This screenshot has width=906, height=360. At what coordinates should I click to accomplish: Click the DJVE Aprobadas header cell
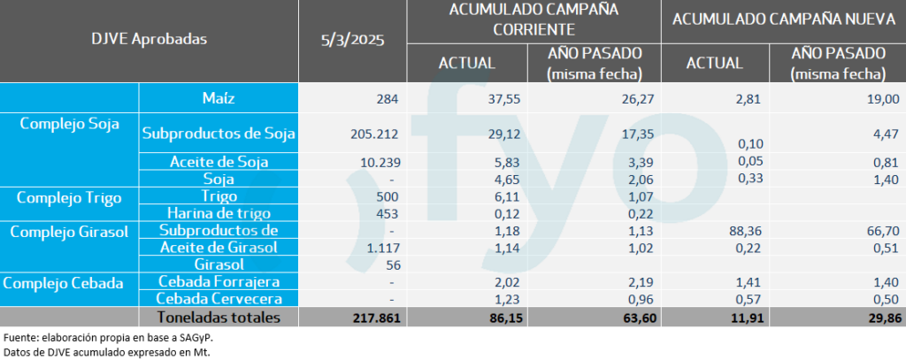click(149, 40)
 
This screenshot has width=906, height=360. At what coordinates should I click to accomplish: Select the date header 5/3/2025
click(352, 40)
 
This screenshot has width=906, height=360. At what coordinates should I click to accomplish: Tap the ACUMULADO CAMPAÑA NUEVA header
click(782, 19)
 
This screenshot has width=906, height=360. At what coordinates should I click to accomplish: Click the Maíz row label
click(219, 97)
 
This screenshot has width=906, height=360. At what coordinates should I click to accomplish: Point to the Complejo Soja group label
click(69, 124)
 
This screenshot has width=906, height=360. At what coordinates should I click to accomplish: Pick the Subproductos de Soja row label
click(219, 134)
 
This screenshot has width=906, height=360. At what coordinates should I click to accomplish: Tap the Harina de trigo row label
click(219, 212)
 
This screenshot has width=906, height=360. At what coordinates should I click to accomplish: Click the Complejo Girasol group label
click(69, 230)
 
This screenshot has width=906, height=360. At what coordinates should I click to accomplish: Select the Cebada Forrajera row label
click(219, 282)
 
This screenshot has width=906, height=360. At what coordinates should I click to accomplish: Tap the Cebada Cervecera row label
click(219, 299)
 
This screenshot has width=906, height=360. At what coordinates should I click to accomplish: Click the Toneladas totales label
click(219, 317)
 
